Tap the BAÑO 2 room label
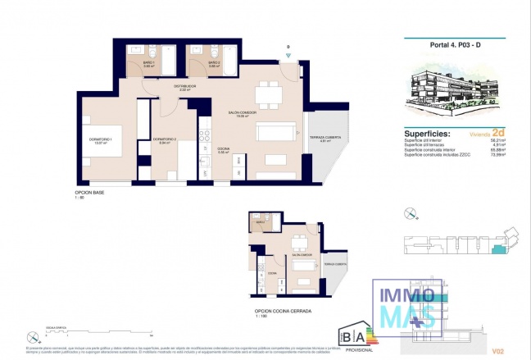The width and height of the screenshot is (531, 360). click(214, 63)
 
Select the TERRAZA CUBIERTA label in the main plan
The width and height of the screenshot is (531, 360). click(324, 138)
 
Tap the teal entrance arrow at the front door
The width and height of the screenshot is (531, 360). click(288, 57)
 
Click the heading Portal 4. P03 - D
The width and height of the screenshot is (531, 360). click(454, 47)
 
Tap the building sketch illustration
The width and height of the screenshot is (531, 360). click(454, 89)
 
